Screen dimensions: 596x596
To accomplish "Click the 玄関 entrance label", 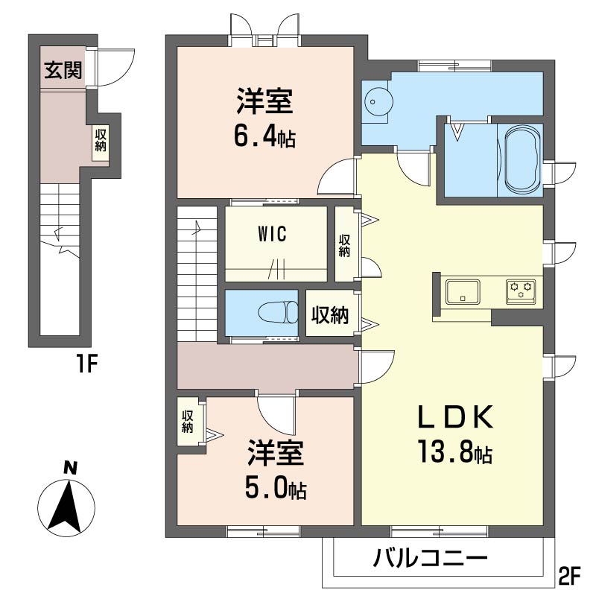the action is pyautogui.click(x=63, y=70).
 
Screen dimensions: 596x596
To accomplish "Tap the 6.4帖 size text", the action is pyautogui.click(x=265, y=137).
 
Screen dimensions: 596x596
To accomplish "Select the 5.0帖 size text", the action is pyautogui.click(x=276, y=489).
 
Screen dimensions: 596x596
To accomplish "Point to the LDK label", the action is pyautogui.click(x=456, y=417).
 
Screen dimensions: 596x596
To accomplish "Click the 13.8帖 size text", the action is pyautogui.click(x=455, y=451).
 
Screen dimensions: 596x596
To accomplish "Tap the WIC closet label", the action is pyautogui.click(x=273, y=234).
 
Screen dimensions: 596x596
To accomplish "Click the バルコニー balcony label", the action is pyautogui.click(x=431, y=558).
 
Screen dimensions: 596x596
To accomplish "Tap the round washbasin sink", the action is pyautogui.click(x=375, y=101).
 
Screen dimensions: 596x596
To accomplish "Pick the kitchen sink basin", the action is pyautogui.click(x=463, y=292).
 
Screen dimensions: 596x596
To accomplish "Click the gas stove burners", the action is pyautogui.click(x=520, y=292).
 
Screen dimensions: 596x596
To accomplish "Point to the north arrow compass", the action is pyautogui.click(x=66, y=507).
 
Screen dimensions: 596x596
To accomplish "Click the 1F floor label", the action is pyautogui.click(x=86, y=365).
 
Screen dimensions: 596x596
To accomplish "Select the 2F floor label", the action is pyautogui.click(x=569, y=576).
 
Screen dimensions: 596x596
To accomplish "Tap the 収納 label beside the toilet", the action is pyautogui.click(x=330, y=314).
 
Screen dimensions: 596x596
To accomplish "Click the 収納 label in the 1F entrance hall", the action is pyautogui.click(x=101, y=140).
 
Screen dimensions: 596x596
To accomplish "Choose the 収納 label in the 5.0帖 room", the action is pyautogui.click(x=188, y=421).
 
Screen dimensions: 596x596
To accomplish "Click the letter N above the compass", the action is pyautogui.click(x=70, y=468).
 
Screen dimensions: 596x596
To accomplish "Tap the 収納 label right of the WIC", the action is pyautogui.click(x=344, y=246).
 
